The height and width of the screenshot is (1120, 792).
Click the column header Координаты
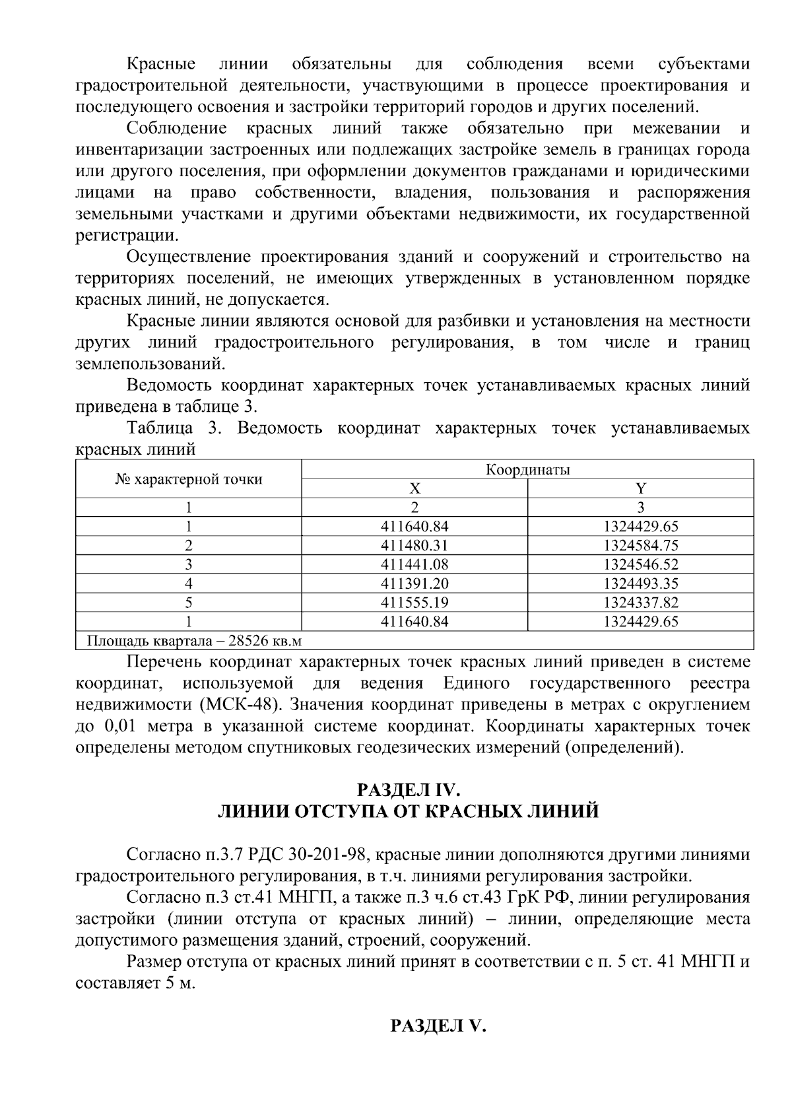click(x=527, y=469)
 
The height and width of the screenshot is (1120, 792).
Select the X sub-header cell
click(x=414, y=488)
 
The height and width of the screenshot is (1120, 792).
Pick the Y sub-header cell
click(x=640, y=488)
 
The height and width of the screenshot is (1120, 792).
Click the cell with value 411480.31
click(x=414, y=546)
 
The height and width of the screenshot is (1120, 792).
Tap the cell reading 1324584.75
click(x=640, y=546)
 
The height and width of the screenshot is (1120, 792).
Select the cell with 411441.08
click(x=414, y=565)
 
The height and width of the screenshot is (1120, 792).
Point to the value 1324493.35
click(x=640, y=583)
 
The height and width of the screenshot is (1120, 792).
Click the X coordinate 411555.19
click(x=414, y=603)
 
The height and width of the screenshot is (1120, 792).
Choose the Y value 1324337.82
click(x=640, y=603)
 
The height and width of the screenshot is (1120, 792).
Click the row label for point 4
click(x=189, y=583)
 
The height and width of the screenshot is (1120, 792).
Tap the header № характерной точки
click(x=189, y=479)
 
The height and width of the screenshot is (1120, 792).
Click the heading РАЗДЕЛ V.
click(x=438, y=1026)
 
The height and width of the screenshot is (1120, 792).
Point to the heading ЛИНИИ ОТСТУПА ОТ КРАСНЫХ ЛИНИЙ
click(x=409, y=811)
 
